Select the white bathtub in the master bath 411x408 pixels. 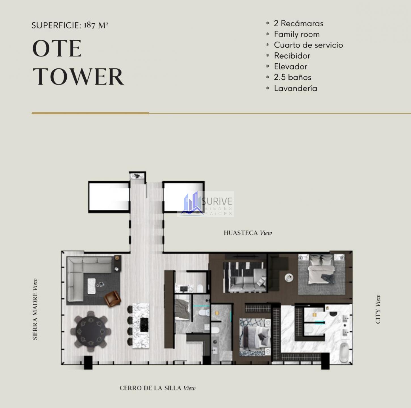coord(343,352)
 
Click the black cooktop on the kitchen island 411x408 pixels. coord(144,324)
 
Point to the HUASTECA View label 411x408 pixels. coord(248,233)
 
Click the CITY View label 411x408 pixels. coord(378,309)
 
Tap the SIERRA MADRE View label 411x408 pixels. coord(35,309)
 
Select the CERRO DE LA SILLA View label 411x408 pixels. coord(157,388)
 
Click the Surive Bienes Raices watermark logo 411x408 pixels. coord(205,204)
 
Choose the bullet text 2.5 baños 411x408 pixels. coord(292,77)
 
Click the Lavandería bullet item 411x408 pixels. coord(296,88)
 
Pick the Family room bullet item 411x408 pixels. coord(297,34)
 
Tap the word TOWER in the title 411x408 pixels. coord(78,77)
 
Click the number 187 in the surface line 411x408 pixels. coord(90,25)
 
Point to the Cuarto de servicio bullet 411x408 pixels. coord(308,45)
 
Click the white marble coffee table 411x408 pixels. coord(92,286)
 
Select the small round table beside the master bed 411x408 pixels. coord(289,277)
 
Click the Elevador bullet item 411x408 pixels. coord(290,67)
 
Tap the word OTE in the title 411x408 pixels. coord(57,48)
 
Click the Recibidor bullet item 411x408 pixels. coord(292,56)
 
